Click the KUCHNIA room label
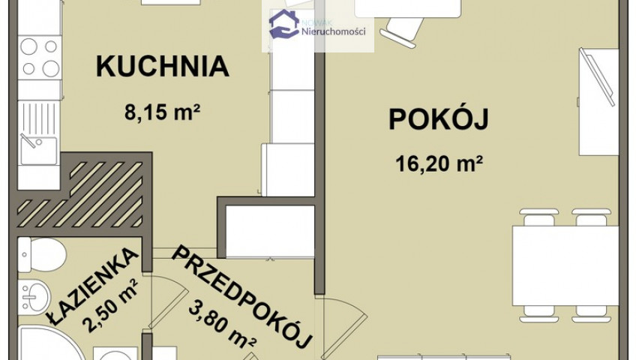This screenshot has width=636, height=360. (163, 67)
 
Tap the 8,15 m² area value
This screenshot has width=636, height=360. (163, 112)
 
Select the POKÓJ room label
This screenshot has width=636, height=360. (439, 119)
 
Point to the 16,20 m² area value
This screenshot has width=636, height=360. (439, 163)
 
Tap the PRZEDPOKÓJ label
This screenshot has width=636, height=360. (242, 298)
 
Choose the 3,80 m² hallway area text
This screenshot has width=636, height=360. (222, 324)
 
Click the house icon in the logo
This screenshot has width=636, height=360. (284, 24)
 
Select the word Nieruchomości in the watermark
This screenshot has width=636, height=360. (334, 31)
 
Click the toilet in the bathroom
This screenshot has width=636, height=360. (42, 254)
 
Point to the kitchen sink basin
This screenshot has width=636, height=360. (38, 151)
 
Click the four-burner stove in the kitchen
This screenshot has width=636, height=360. (40, 57)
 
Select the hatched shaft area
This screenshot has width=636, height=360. (80, 194)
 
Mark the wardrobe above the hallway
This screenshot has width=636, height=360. (270, 231)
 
